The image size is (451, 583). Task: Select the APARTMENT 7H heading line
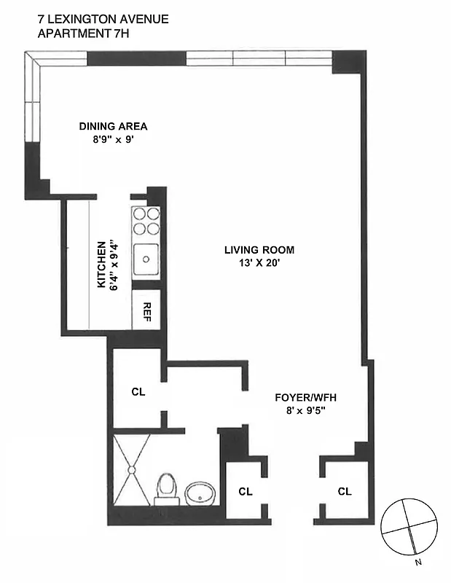80,34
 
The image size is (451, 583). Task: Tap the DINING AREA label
113,126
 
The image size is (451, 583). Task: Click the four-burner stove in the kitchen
146,221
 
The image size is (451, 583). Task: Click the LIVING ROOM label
253,251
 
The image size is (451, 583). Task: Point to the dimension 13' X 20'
253,264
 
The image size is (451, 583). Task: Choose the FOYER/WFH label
304,398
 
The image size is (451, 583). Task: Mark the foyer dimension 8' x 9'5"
304,411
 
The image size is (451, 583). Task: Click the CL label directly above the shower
138,391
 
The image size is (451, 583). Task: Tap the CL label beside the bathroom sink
246,491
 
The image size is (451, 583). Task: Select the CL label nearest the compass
344,491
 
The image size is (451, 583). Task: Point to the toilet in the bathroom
167,488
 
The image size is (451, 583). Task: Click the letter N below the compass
417,562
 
